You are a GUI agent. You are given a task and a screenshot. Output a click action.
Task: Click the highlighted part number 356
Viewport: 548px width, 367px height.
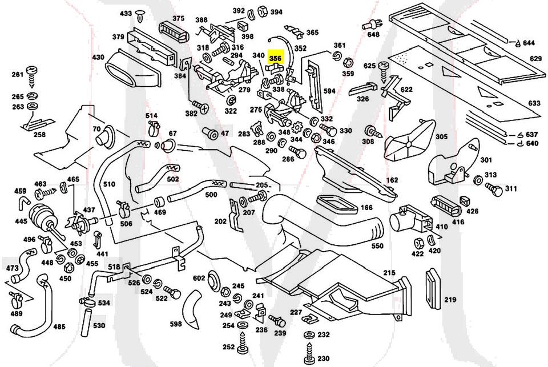(276, 58)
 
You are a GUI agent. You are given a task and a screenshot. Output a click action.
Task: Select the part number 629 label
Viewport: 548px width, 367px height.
(535, 59)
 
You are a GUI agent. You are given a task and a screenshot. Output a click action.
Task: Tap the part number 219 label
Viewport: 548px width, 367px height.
(451, 300)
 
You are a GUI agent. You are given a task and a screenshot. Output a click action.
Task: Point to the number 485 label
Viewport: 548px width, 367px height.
(59, 327)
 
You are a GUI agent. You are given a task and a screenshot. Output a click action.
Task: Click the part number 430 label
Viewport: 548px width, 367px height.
(98, 57)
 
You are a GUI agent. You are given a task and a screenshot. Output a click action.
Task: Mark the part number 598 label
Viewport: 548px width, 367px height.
(175, 324)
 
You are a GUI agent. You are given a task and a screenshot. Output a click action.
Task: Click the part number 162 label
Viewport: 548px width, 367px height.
(392, 180)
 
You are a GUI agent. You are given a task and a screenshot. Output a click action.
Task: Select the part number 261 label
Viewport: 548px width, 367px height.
(17, 75)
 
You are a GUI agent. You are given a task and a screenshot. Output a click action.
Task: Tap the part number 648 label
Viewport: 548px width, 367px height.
(373, 35)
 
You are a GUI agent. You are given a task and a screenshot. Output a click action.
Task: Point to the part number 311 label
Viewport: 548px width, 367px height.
(511, 188)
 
